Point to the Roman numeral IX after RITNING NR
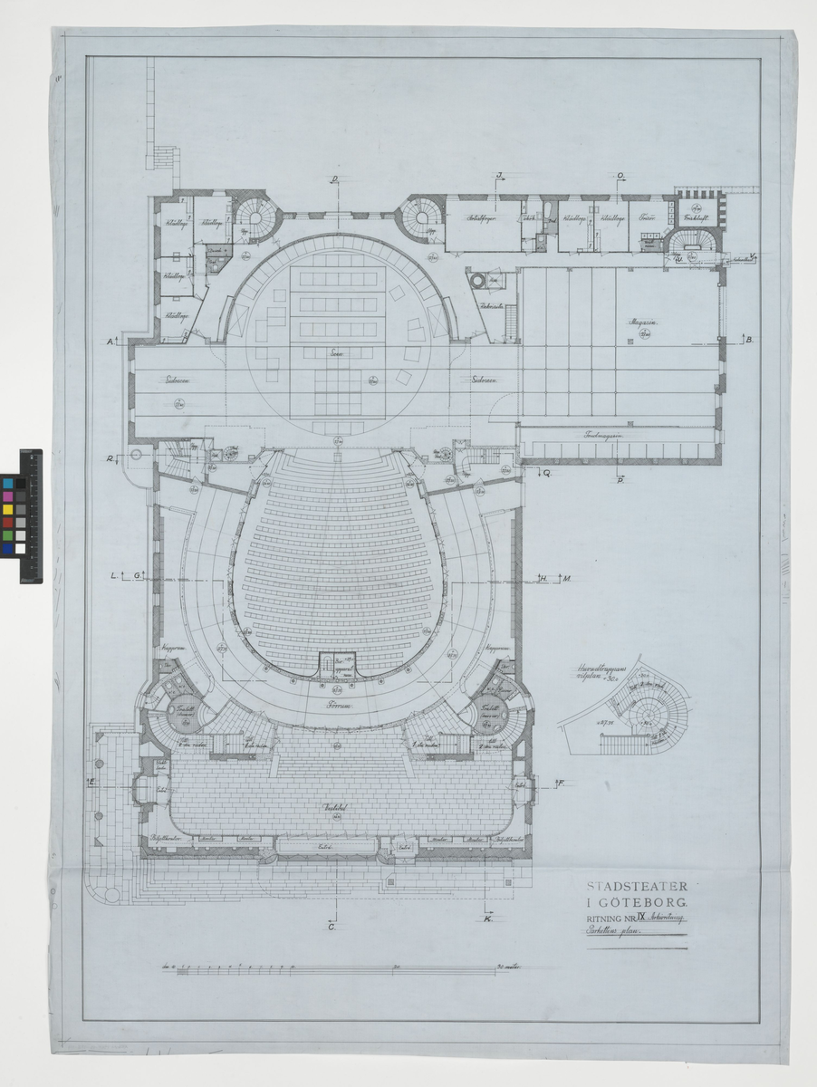click(x=640, y=919)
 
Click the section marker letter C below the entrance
click(x=332, y=926)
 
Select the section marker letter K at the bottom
click(x=488, y=921)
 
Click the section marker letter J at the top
click(x=498, y=176)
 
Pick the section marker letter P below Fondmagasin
click(x=620, y=479)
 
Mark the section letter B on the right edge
click(x=751, y=339)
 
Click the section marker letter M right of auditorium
click(x=564, y=578)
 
